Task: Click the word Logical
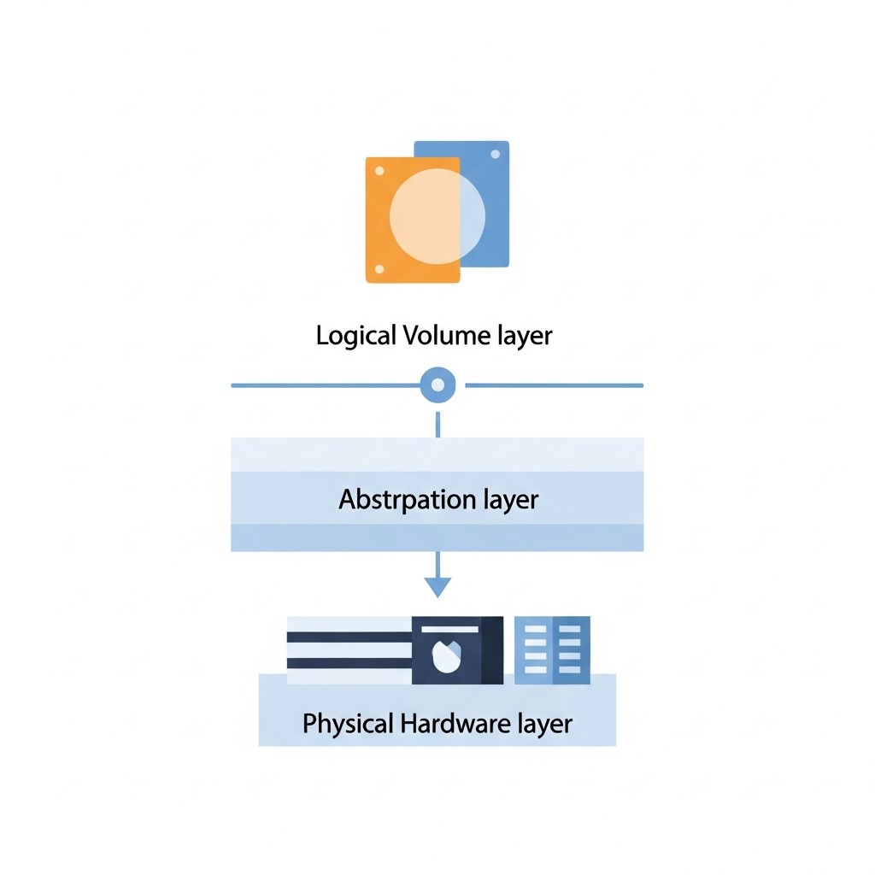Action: [356, 336]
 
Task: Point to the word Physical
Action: [349, 724]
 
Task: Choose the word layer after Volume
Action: [522, 336]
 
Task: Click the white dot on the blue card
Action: [495, 155]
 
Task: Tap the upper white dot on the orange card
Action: [379, 171]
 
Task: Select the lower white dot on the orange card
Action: [379, 269]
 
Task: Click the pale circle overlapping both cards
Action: [437, 216]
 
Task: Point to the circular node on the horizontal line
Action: [437, 385]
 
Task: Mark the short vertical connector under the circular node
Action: [437, 425]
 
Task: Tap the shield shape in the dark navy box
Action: [447, 655]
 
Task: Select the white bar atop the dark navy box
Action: [449, 630]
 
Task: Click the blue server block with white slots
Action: [552, 650]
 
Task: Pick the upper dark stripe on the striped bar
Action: [349, 637]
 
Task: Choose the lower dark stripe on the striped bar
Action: [349, 663]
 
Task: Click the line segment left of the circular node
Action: [326, 385]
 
